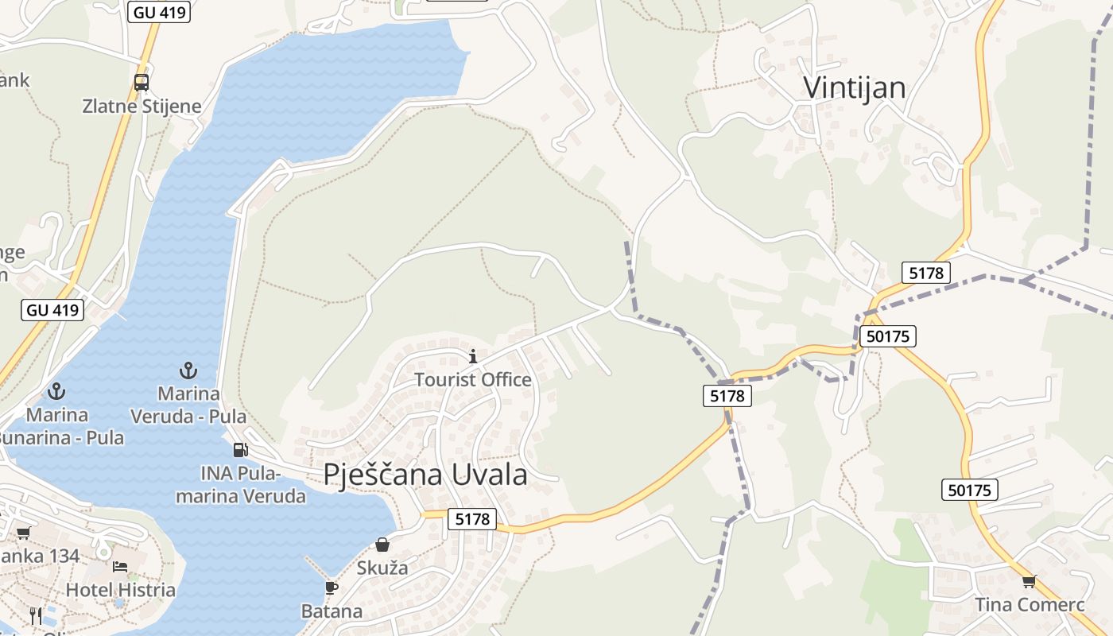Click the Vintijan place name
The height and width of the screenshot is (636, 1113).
point(854,87)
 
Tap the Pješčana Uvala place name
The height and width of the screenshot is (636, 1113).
point(425,474)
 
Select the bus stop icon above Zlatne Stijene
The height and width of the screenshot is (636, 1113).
point(142,82)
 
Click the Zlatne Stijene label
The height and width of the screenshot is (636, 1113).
point(142,106)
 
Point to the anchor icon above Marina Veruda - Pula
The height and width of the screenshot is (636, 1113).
point(188,370)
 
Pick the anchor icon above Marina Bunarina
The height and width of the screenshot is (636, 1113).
point(56,390)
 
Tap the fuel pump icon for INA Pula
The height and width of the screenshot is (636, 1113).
point(240,450)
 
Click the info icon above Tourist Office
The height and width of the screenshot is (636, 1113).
point(473,356)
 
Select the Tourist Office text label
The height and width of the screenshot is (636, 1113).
point(473,380)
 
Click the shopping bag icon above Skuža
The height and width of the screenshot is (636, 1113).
point(382,545)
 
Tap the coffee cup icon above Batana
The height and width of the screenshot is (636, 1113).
point(332,588)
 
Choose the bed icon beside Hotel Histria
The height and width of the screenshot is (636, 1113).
point(120,566)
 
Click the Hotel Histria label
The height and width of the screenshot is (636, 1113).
point(120,590)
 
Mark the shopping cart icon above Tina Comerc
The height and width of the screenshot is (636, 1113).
point(1030,581)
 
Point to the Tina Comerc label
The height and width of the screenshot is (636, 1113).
point(1030,605)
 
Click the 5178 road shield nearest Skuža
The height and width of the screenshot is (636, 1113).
point(472,519)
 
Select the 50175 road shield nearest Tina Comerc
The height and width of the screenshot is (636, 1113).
point(970,490)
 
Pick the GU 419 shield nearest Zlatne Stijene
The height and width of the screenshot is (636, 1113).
point(159,12)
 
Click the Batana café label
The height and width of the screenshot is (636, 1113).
point(332,611)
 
